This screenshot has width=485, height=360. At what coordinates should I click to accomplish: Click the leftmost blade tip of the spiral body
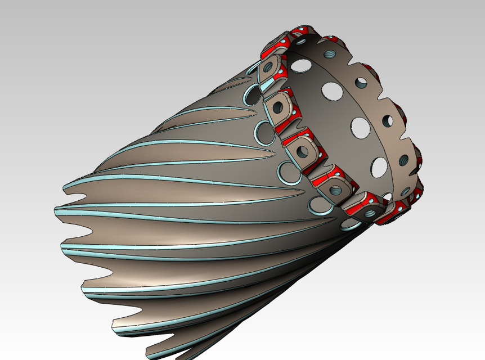pyautogui.click(x=57, y=210)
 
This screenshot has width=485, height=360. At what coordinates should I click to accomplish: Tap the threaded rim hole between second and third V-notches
pyautogui.click(x=388, y=120)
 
